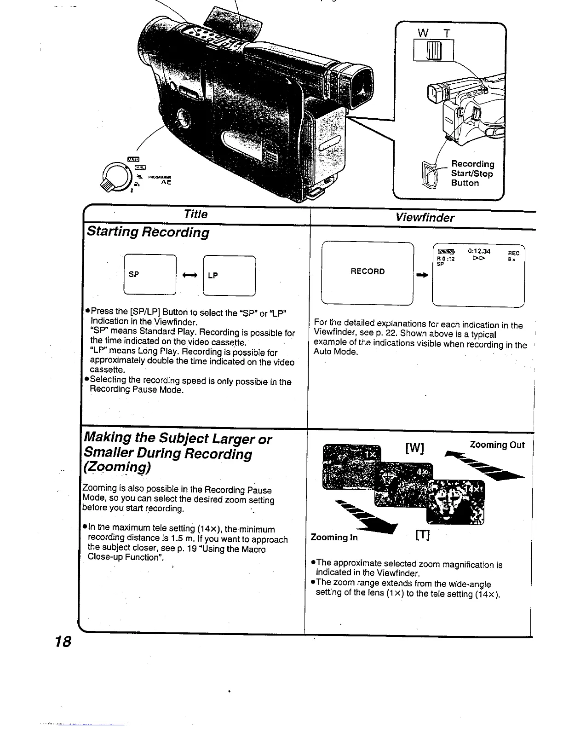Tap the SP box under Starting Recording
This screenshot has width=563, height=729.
point(150,274)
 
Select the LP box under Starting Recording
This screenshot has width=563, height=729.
point(229,275)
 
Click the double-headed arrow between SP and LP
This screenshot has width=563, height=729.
point(190,275)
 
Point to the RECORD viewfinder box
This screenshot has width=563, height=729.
point(368,272)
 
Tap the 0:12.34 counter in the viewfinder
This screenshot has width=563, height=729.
point(479,251)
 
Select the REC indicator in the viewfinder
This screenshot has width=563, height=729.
point(513,253)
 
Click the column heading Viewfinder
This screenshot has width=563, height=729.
point(425,218)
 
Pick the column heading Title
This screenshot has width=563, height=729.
point(195,214)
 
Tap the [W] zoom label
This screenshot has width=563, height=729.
point(414,448)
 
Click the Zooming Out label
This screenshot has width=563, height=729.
point(497,445)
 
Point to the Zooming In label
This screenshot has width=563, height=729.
point(334,537)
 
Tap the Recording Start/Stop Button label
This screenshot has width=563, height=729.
point(472,174)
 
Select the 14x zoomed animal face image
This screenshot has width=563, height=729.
point(455,502)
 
